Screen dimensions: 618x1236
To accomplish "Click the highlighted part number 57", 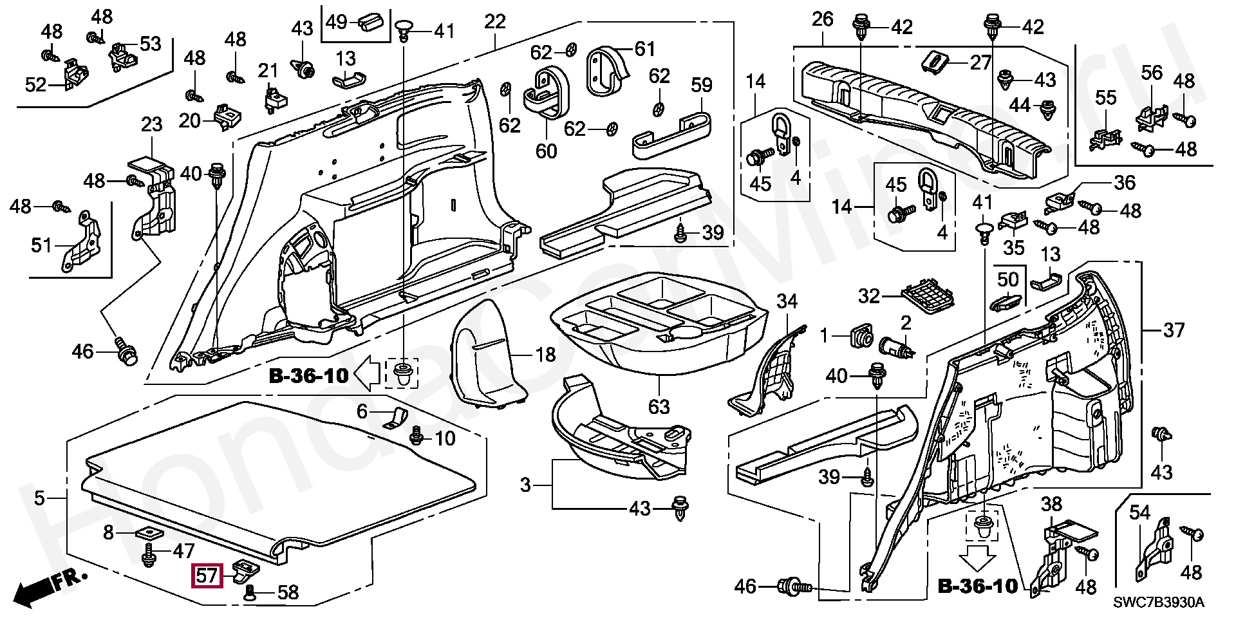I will [x=207, y=575].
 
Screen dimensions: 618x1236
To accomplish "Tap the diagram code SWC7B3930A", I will [x=1159, y=603].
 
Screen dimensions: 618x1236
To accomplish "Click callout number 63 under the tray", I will [x=659, y=406].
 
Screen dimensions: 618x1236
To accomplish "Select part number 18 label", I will [x=545, y=354].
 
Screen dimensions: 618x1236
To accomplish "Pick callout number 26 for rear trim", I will [x=822, y=19].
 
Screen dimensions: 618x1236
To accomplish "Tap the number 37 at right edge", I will [x=1174, y=330].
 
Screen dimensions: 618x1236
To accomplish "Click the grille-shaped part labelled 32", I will [x=928, y=297].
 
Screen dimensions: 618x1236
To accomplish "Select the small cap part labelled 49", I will [x=370, y=22].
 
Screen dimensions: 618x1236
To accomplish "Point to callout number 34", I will [x=787, y=301].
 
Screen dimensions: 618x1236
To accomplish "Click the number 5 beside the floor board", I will [x=40, y=498].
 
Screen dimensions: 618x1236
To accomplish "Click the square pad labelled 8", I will [x=149, y=533].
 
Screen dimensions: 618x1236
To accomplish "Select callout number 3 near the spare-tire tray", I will [x=526, y=485].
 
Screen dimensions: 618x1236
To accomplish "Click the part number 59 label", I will [x=701, y=85].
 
